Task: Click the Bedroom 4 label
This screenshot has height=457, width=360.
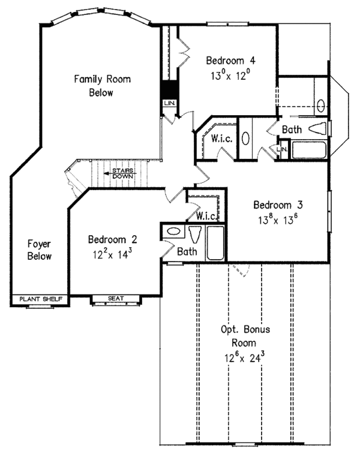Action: coord(230,61)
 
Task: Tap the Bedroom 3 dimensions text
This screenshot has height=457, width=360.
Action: coord(275,220)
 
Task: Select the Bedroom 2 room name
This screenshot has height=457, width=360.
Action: coord(113,239)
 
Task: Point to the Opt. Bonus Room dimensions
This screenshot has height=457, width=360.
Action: coord(244,357)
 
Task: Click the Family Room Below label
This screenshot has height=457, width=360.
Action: coord(102,86)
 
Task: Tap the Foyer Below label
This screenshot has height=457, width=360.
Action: coord(40,249)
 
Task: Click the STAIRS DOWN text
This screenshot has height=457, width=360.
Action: coord(123,173)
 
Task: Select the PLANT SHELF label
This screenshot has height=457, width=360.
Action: coord(41,299)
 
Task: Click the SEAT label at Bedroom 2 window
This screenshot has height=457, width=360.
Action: coord(116,299)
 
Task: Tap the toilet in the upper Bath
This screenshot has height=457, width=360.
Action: coord(317,128)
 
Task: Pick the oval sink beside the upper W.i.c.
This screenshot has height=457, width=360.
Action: coord(245,139)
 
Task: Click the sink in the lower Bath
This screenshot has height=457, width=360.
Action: coord(173,231)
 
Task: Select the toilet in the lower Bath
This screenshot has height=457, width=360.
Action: coord(195,234)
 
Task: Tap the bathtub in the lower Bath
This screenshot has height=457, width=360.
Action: coord(215,243)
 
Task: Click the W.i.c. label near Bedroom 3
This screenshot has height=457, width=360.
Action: coord(206,216)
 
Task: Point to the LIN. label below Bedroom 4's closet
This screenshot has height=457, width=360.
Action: coord(169,103)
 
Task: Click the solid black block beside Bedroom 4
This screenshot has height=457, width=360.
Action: coord(169,89)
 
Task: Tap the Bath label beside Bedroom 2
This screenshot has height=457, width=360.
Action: coord(187,251)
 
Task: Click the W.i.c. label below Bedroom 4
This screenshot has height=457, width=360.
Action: coord(221,139)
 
